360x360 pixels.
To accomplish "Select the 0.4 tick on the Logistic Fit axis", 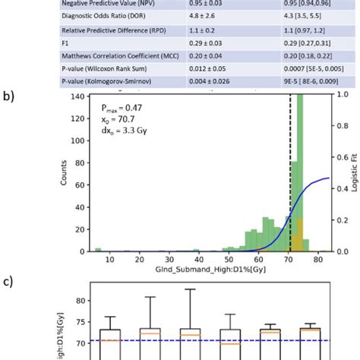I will pos(342,179).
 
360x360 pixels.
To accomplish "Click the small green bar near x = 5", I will pos(97,249).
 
